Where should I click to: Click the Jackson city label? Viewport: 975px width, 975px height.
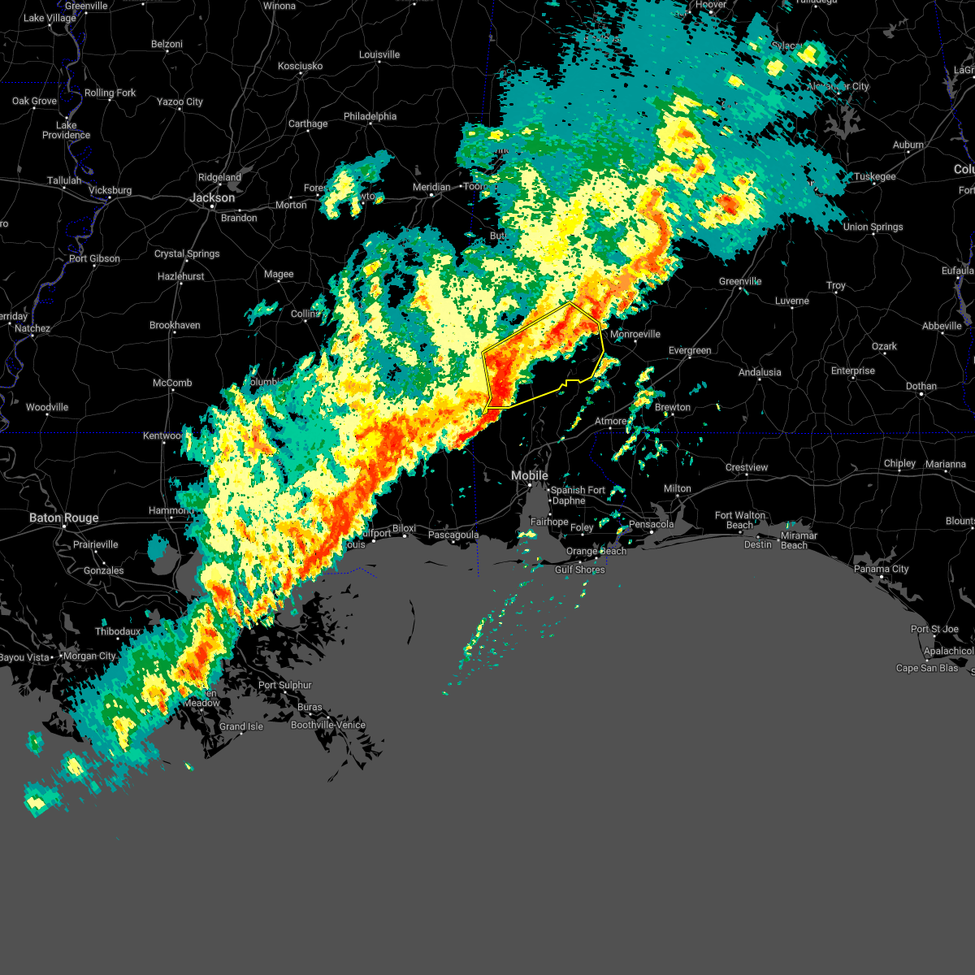212,197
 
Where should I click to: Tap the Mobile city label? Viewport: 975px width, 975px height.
530,475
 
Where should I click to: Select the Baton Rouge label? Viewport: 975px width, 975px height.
63,518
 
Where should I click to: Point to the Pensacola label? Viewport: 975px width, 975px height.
651,524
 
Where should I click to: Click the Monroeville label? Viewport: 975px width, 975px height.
635,334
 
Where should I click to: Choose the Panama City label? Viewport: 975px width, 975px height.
881,569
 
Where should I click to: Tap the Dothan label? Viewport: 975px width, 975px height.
921,386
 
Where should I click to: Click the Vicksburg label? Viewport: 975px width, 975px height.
110,190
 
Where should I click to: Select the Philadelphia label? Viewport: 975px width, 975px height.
370,116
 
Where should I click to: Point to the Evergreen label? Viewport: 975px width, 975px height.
690,350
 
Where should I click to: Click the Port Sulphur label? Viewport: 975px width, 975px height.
284,685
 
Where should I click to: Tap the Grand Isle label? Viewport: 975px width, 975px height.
241,726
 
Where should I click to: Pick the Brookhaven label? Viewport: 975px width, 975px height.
175,325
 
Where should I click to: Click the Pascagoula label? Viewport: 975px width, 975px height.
453,535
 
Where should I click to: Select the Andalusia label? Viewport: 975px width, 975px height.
760,372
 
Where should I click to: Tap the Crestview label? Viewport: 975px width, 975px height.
746,467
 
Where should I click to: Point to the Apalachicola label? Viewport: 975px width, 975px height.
948,651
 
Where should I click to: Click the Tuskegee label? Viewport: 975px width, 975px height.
874,176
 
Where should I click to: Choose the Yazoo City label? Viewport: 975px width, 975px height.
180,102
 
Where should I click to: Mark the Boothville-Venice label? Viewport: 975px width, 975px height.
328,725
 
